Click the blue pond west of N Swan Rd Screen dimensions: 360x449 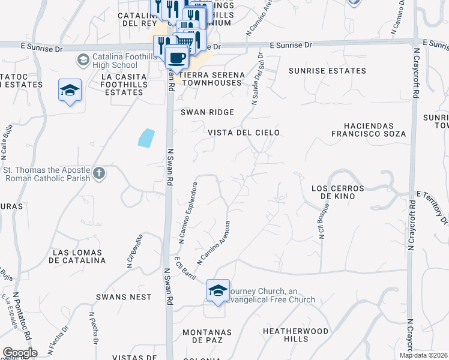[146, 138]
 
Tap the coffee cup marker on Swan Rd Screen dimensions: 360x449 [176, 58]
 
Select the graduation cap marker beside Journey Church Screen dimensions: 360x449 [217, 291]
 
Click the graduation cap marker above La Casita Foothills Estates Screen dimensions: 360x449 [70, 91]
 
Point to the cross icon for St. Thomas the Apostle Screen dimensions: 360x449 [99, 174]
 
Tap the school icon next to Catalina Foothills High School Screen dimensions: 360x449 [83, 59]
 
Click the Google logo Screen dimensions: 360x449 [20, 353]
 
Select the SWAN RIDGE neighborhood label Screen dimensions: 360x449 [208, 112]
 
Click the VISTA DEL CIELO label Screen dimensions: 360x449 [244, 132]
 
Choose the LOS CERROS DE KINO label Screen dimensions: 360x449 [339, 192]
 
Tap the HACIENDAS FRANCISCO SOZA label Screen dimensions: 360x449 [369, 130]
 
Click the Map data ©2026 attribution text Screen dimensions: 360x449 [423, 355]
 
